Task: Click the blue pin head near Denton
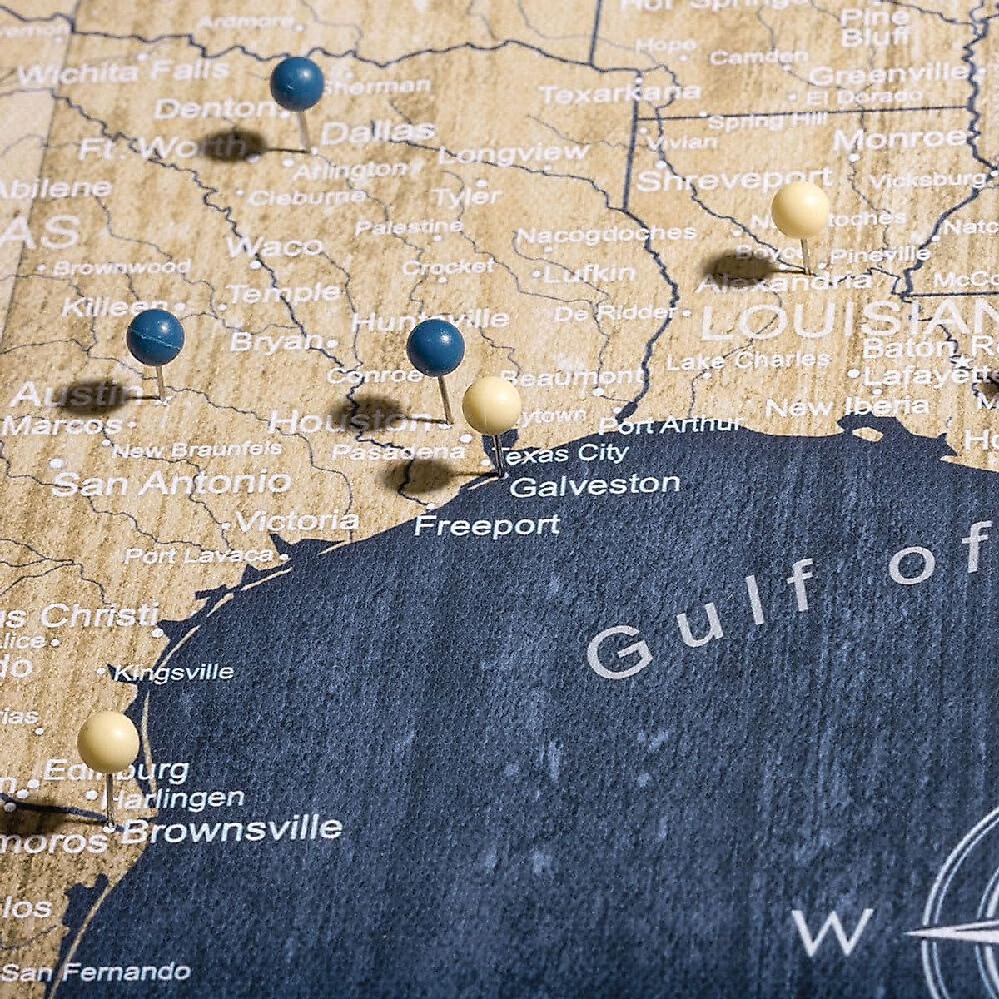(x=296, y=83)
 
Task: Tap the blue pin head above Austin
(x=156, y=337)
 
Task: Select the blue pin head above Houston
(x=435, y=347)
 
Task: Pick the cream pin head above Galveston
(x=492, y=405)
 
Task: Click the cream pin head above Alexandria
(x=800, y=210)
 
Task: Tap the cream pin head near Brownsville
(x=108, y=741)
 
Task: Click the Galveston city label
(x=594, y=485)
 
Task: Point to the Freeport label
(x=487, y=525)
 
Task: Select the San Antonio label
(x=171, y=482)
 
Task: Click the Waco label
(x=275, y=246)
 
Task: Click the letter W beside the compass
(x=832, y=931)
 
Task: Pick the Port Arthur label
(x=670, y=425)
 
